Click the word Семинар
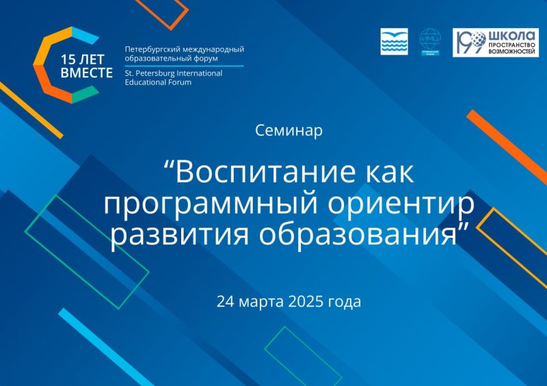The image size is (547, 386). (x=288, y=130)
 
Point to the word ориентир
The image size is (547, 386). (x=397, y=204)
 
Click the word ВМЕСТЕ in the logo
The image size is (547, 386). (x=86, y=73)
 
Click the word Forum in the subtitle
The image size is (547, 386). (x=180, y=82)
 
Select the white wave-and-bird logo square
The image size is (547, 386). (x=394, y=42)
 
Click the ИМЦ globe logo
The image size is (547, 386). (x=430, y=42)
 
